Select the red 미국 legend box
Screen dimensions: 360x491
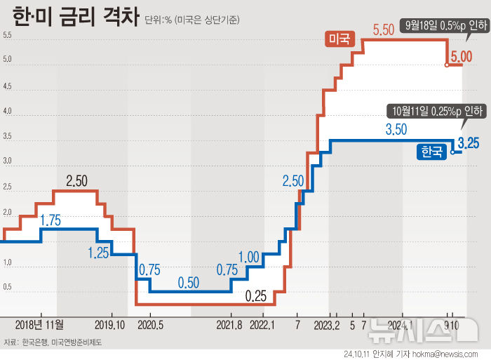341,39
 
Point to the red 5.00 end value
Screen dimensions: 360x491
462,56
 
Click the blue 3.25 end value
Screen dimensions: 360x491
468,144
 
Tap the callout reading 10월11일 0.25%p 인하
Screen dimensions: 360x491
433,111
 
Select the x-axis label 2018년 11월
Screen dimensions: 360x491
39,325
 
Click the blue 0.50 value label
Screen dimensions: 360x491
189,283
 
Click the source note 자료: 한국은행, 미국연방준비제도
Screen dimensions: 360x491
54,342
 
